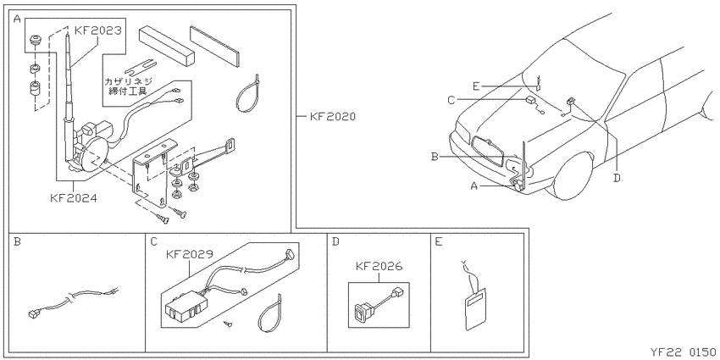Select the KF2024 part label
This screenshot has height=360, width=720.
pos(74,198)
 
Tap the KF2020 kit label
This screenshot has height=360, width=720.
pos(332,117)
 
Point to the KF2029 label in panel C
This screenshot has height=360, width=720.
pos(189,254)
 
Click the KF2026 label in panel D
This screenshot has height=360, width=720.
pos(379,266)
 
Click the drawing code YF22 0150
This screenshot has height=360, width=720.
pos(682,352)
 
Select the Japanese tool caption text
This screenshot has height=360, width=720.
pos(128,86)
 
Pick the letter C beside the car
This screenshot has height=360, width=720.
pos(451,99)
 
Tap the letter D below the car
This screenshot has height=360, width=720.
pos(618,177)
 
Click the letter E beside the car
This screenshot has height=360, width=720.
pos(476,86)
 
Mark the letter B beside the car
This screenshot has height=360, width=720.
pos(435,157)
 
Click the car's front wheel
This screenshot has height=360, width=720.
pos(572,176)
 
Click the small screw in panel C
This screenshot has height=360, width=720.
pos(227,324)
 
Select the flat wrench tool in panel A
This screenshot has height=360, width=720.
pos(142,68)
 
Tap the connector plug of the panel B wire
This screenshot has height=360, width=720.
pos(33,313)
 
